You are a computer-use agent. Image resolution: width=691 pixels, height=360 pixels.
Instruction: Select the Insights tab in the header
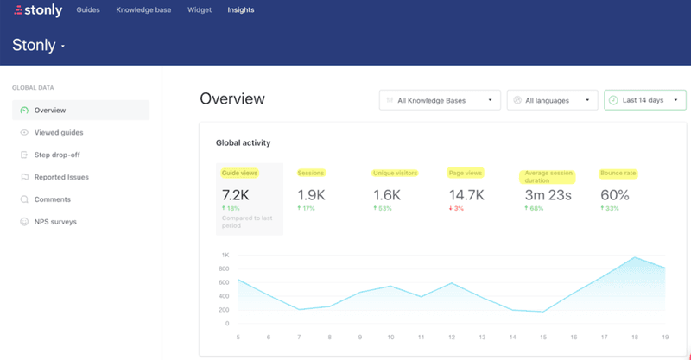point(241,10)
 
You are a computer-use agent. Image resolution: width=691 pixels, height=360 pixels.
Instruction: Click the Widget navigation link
point(199,10)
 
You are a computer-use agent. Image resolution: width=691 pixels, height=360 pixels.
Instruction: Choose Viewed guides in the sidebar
point(58,132)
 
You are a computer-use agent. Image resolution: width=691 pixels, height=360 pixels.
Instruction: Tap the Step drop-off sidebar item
point(59,155)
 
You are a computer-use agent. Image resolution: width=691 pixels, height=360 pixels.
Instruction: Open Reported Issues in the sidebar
point(60,177)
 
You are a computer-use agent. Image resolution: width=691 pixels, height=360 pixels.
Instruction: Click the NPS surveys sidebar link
point(55,222)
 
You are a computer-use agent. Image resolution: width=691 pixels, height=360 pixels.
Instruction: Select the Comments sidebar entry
point(52,199)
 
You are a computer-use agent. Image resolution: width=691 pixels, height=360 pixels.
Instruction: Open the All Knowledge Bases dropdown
point(440,100)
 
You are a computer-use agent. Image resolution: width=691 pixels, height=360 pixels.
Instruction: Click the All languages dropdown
point(552,100)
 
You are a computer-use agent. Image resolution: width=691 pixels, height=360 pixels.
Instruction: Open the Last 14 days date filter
point(644,100)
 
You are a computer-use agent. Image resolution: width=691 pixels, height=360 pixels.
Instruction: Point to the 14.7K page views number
point(466,195)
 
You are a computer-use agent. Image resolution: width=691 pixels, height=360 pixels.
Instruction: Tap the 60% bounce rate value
point(615,195)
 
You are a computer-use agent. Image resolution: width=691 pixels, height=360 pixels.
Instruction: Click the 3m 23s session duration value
point(548,195)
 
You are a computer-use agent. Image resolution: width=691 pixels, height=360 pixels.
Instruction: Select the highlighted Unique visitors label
point(395,173)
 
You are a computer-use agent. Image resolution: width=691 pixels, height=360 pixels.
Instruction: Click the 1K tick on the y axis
point(225,256)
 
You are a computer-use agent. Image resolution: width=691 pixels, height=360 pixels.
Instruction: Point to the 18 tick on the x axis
point(634,338)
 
